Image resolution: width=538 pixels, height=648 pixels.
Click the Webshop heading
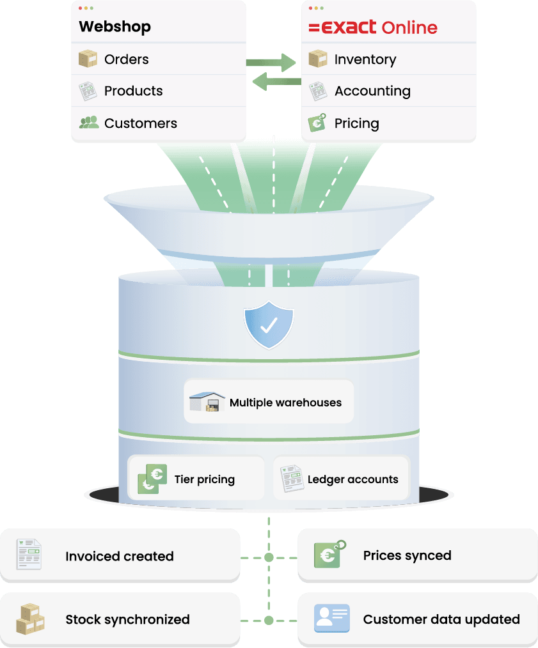(x=115, y=26)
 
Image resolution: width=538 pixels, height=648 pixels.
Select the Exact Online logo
(x=373, y=27)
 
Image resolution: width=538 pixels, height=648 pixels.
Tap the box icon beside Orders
(x=88, y=58)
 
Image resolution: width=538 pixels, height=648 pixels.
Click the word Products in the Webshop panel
(x=133, y=91)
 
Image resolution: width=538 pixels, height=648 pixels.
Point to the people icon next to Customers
(x=88, y=122)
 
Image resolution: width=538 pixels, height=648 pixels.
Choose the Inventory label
(x=365, y=59)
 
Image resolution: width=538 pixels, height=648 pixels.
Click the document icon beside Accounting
(x=318, y=91)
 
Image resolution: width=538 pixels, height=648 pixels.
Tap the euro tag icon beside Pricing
(x=317, y=123)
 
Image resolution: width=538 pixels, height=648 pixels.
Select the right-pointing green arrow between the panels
(x=271, y=63)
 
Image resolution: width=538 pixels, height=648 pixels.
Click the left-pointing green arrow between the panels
(x=276, y=81)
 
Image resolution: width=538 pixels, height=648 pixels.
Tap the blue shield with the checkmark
(x=269, y=325)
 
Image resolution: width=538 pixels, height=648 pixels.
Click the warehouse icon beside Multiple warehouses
(x=207, y=401)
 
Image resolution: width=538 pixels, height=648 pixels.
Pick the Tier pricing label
(x=205, y=479)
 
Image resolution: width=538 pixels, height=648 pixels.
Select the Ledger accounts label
(x=352, y=479)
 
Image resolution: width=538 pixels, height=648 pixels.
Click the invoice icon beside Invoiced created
(x=29, y=555)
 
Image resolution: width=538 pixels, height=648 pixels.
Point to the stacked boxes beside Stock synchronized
(x=30, y=619)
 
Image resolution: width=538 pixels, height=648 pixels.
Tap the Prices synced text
(x=407, y=555)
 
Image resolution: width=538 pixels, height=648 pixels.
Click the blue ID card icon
(x=332, y=618)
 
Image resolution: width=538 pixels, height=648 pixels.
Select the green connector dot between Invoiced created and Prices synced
(x=269, y=557)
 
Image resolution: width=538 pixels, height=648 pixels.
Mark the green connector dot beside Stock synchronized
(x=269, y=621)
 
